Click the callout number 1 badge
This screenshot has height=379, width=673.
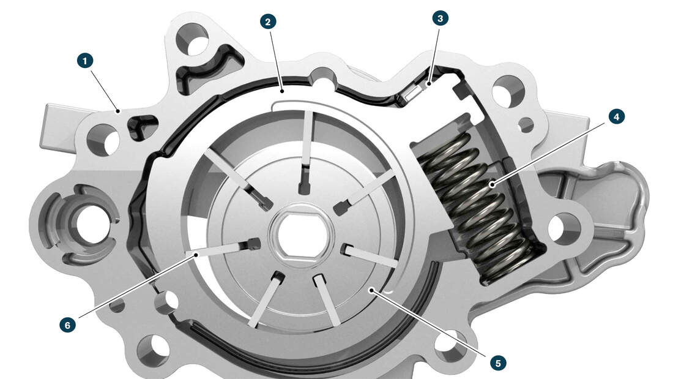(x=85, y=61)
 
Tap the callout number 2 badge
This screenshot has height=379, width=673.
(x=268, y=21)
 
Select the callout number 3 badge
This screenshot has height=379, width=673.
(x=440, y=18)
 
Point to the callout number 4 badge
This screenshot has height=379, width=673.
(x=616, y=116)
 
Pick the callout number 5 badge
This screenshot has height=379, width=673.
(x=498, y=363)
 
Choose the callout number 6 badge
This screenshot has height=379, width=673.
(x=67, y=325)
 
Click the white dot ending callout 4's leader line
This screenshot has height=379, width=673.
(x=493, y=185)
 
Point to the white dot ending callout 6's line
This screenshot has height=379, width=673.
(x=196, y=254)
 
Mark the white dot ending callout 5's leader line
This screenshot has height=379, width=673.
(x=370, y=290)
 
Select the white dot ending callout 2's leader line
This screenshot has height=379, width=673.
(x=282, y=91)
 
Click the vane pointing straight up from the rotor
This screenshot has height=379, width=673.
(x=306, y=151)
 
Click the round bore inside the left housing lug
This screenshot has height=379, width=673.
(x=91, y=224)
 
